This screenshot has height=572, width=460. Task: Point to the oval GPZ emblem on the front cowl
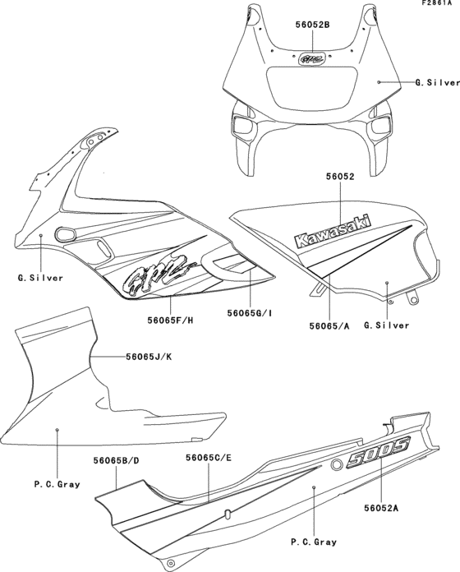click(x=311, y=59)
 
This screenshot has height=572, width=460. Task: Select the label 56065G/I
click(x=249, y=313)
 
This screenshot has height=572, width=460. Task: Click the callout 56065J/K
click(x=150, y=357)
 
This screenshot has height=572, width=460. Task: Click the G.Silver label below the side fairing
click(x=40, y=278)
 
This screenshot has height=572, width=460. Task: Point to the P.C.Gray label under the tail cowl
click(x=315, y=542)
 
